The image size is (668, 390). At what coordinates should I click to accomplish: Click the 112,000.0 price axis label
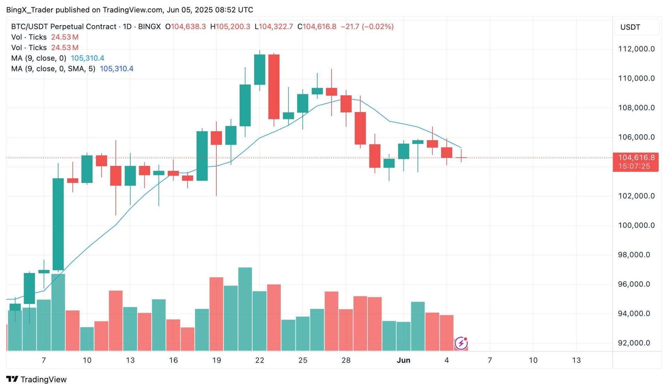coord(636,49)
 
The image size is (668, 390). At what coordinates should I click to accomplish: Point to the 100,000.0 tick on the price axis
coord(636,225)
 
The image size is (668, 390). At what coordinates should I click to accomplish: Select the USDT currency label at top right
coord(630,27)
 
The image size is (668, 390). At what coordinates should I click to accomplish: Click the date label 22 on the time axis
coord(260,360)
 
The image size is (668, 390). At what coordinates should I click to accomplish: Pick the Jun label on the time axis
coord(403,360)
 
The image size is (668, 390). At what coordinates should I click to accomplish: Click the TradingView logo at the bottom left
coord(36,379)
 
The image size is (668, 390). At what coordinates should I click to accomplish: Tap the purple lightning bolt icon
coord(461,343)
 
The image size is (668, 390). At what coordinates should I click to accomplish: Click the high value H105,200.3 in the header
coord(230,26)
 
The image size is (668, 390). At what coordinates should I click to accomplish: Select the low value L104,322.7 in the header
coord(274,26)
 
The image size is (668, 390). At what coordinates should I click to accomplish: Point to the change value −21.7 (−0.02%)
coord(367,26)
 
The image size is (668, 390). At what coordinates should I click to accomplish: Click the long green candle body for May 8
coord(58,224)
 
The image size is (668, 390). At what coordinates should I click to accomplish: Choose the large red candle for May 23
coord(274,87)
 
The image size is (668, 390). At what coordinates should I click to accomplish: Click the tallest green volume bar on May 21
coord(245,309)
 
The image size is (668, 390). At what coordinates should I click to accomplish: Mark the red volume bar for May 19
coord(216,314)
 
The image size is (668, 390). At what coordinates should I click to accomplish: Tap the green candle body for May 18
coord(202,156)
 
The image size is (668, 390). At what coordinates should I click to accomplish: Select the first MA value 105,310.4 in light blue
coord(87,58)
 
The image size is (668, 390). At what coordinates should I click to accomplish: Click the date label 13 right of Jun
coord(576,360)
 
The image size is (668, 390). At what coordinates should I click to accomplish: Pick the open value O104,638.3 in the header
coord(185,26)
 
